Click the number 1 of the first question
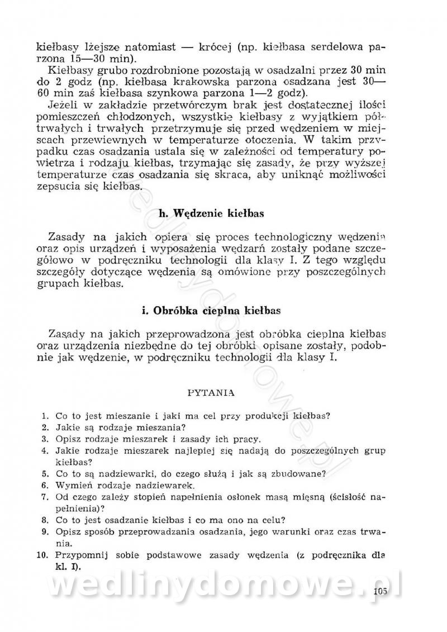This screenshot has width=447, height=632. click(x=44, y=416)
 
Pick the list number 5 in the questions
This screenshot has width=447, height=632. click(x=44, y=474)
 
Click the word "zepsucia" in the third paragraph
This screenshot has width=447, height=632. click(x=55, y=187)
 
